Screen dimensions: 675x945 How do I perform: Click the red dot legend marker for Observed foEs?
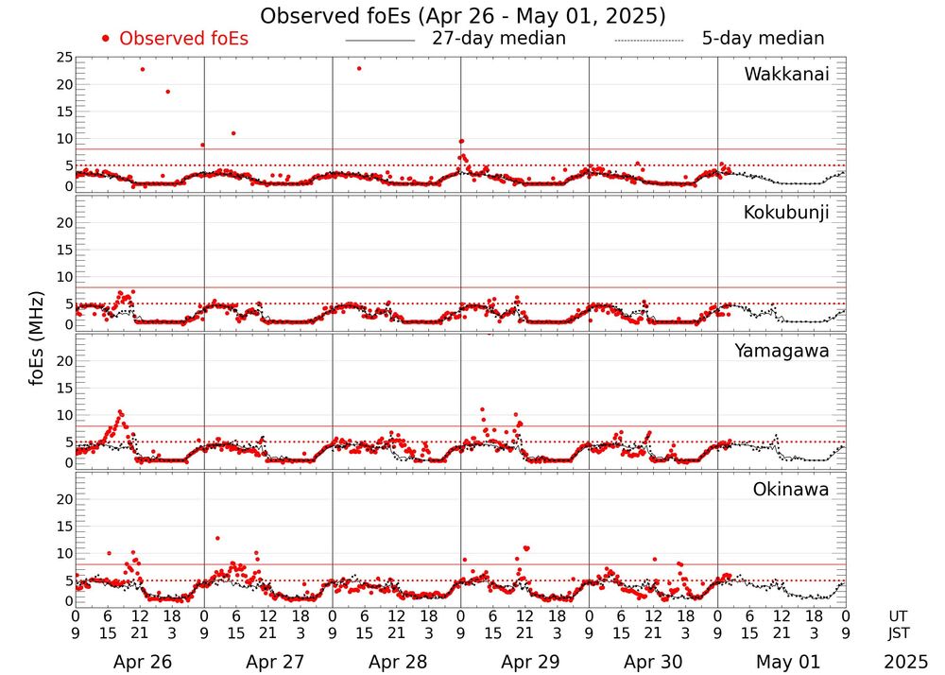[106, 39]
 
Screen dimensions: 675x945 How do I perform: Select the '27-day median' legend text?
[499, 39]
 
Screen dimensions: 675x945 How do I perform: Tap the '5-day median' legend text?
[763, 39]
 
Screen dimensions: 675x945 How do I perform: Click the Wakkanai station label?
[786, 75]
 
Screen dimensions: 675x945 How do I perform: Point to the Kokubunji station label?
[786, 213]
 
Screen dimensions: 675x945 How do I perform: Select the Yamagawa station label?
[782, 351]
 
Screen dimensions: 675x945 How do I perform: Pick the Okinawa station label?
[790, 490]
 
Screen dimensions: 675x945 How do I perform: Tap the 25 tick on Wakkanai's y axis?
[65, 58]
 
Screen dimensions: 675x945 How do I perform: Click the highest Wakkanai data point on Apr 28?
[359, 68]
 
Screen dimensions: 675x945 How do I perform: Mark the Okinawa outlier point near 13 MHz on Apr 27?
[217, 538]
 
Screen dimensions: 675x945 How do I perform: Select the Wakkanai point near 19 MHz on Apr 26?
[167, 92]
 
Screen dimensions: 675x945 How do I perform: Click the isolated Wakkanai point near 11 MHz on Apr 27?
[233, 133]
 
